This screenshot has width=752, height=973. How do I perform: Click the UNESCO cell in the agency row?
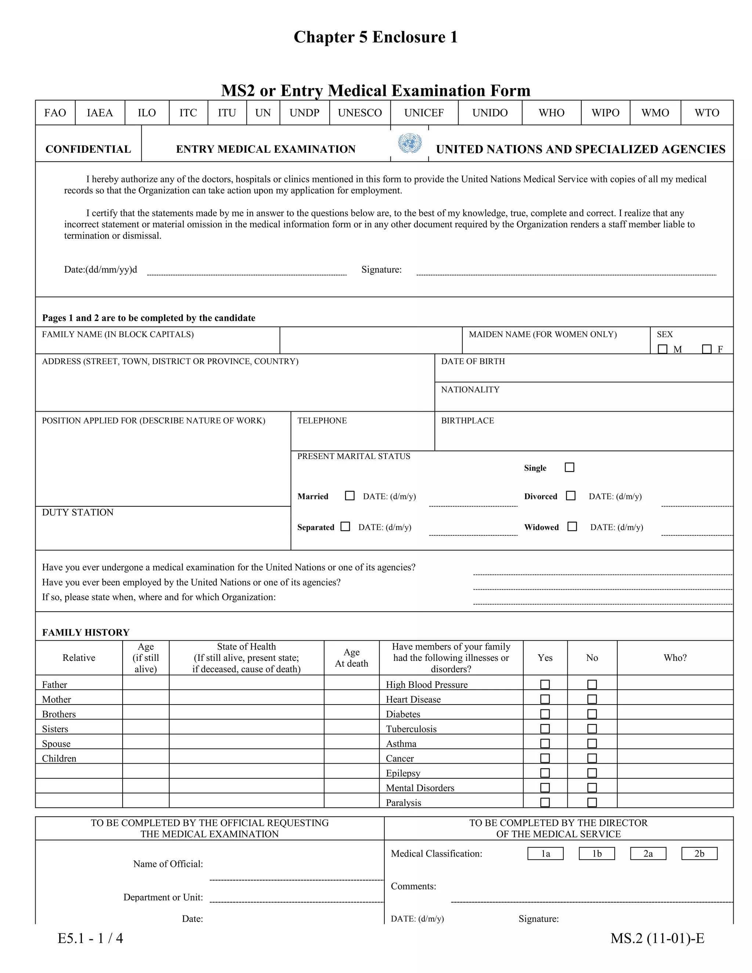click(x=359, y=113)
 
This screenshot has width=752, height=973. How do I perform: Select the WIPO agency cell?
click(x=605, y=113)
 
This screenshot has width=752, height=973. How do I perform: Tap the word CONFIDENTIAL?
click(x=88, y=149)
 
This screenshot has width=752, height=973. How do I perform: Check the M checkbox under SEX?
click(x=662, y=349)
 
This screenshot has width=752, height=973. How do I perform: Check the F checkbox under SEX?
click(x=706, y=349)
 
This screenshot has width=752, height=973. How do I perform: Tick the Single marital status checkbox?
click(x=570, y=467)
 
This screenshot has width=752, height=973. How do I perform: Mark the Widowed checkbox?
click(x=572, y=527)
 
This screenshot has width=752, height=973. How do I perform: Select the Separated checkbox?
click(x=345, y=527)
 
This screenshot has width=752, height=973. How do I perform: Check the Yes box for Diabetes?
click(x=545, y=714)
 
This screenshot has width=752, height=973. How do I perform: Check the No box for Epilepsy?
click(x=592, y=773)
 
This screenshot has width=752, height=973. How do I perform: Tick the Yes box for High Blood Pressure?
click(x=545, y=684)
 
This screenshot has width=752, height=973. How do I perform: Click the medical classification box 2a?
click(x=648, y=854)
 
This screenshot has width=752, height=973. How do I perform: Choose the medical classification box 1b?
click(x=597, y=854)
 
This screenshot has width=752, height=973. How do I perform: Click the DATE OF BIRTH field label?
click(x=473, y=361)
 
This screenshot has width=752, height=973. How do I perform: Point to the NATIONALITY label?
click(x=470, y=389)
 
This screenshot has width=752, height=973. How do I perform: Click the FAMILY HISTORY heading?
click(x=86, y=632)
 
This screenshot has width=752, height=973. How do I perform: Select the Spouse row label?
click(x=56, y=744)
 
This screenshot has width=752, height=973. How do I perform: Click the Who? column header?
click(x=675, y=658)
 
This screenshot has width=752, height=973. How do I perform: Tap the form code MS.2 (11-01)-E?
click(x=657, y=938)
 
